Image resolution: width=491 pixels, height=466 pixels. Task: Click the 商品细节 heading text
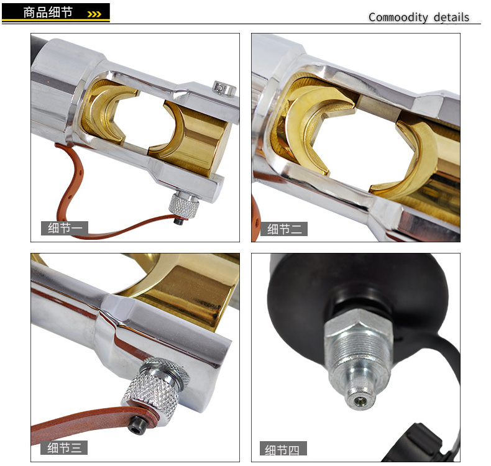(48, 12)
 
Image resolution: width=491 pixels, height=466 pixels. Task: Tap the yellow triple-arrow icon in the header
(94, 14)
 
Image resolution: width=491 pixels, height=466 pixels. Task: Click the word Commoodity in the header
(398, 17)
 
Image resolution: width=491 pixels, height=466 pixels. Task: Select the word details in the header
(451, 17)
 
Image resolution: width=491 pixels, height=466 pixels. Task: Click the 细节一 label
(65, 228)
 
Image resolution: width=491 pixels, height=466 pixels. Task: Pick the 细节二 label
(284, 229)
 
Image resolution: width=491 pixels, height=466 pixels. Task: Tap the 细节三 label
(64, 448)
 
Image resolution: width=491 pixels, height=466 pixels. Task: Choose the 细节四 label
(283, 449)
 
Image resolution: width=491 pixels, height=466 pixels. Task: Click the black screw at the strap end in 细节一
(178, 221)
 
